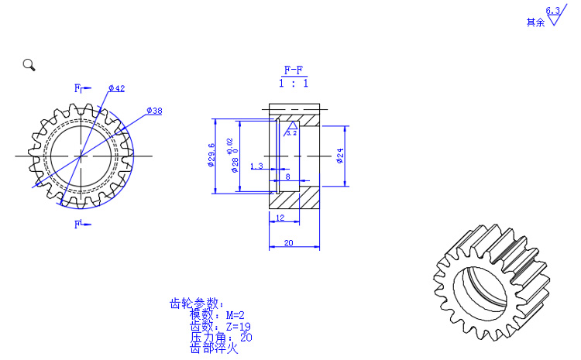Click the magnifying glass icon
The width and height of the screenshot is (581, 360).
(x=29, y=65)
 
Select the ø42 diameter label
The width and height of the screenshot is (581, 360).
(x=117, y=88)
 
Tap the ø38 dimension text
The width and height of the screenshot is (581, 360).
(x=154, y=111)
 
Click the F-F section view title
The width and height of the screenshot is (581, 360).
(x=294, y=70)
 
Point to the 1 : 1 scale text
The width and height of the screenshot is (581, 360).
(x=294, y=83)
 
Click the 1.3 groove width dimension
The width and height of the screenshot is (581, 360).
(x=257, y=166)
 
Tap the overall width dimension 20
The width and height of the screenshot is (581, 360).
(x=288, y=242)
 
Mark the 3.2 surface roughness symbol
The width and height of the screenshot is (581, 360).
(x=291, y=129)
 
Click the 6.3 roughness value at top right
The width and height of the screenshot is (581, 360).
(x=552, y=11)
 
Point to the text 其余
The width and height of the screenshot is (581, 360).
(x=535, y=22)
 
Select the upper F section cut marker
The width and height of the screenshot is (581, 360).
(x=78, y=88)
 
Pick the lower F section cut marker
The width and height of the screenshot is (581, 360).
(x=78, y=225)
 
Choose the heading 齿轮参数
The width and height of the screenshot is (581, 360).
(x=196, y=303)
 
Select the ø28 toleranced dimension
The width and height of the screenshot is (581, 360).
(x=235, y=160)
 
